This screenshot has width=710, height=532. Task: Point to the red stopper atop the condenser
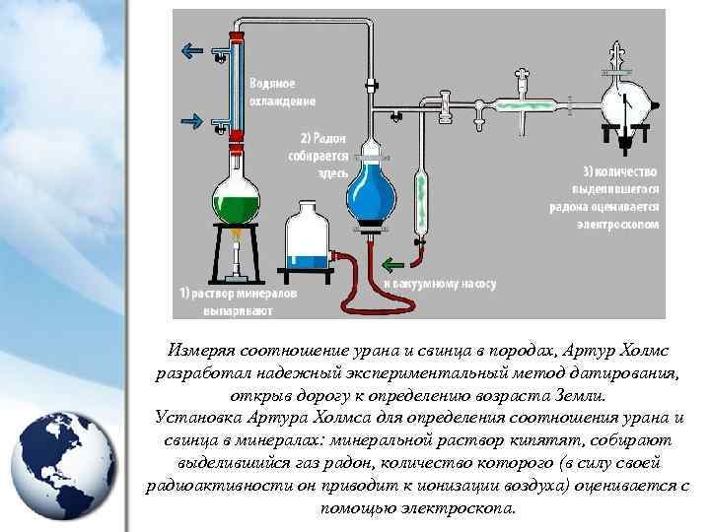pyautogui.click(x=235, y=35)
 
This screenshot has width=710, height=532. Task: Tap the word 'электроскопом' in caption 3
pyautogui.click(x=615, y=224)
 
